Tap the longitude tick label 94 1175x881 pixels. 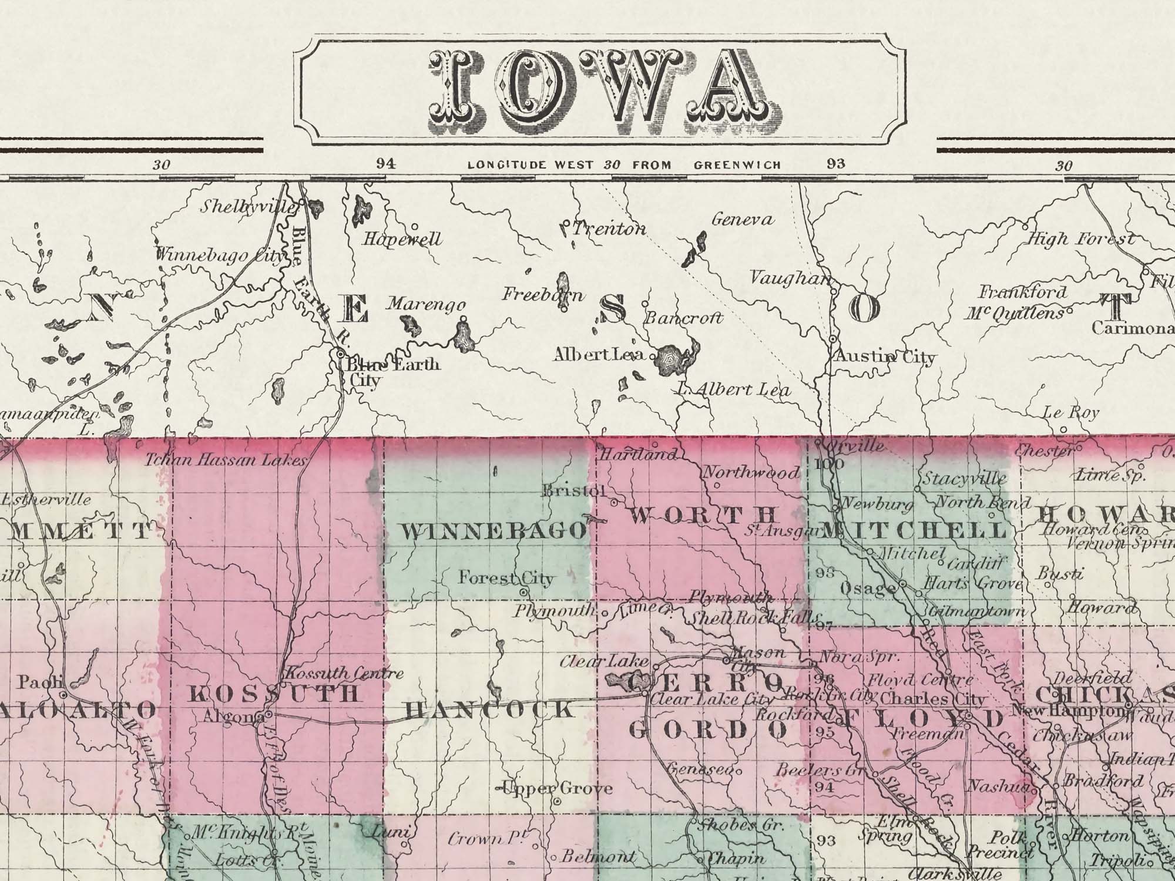click(385, 164)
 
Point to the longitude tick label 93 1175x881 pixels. click(835, 164)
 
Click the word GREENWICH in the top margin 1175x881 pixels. click(737, 165)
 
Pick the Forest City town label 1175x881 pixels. click(506, 579)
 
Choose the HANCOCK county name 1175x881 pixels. click(489, 710)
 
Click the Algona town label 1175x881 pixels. click(233, 716)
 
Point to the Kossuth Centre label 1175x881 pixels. click(344, 673)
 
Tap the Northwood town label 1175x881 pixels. click(751, 472)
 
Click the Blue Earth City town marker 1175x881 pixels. click(340, 354)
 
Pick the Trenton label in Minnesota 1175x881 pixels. click(609, 228)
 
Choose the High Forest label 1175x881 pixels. click(1080, 239)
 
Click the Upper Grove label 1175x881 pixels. click(555, 788)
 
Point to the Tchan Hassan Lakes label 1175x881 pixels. click(227, 460)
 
